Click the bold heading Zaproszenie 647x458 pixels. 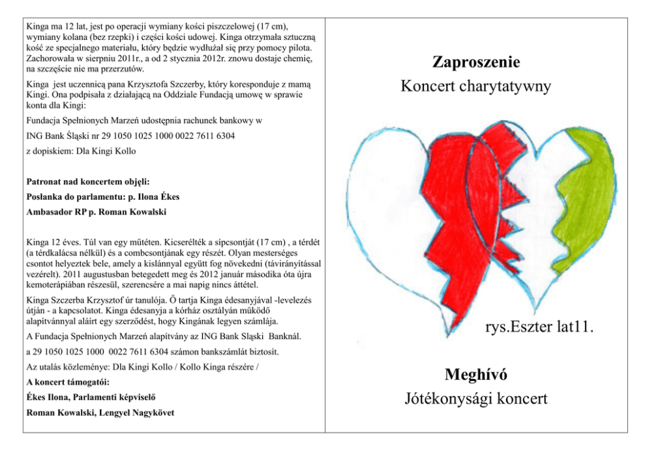(476, 63)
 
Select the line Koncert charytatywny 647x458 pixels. (476, 86)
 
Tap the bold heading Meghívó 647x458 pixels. (476, 375)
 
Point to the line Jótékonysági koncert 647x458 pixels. (476, 399)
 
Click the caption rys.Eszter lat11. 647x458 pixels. (539, 326)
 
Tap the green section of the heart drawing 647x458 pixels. (587, 196)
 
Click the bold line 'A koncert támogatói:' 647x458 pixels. (68, 382)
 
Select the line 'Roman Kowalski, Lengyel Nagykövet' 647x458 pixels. (100, 412)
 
